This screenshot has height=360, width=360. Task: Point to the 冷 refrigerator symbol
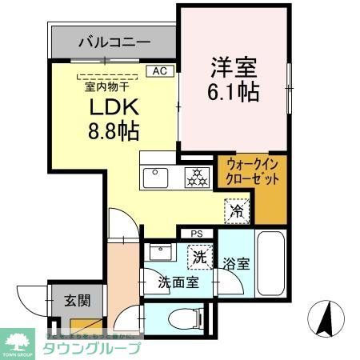pos(237,211)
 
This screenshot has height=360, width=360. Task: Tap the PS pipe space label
pos(198,233)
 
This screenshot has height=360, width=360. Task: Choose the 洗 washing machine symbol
pos(198,258)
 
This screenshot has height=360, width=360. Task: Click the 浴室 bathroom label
pos(235,262)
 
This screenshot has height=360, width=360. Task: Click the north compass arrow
pos(325,318)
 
